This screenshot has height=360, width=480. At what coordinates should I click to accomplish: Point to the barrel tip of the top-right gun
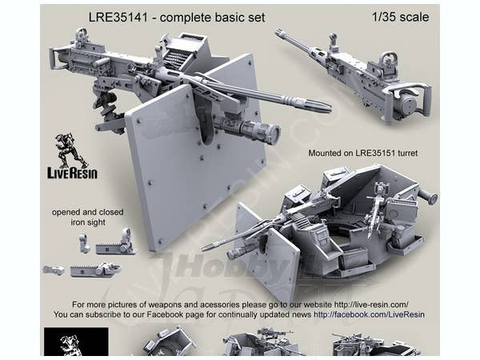(x=279, y=34)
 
